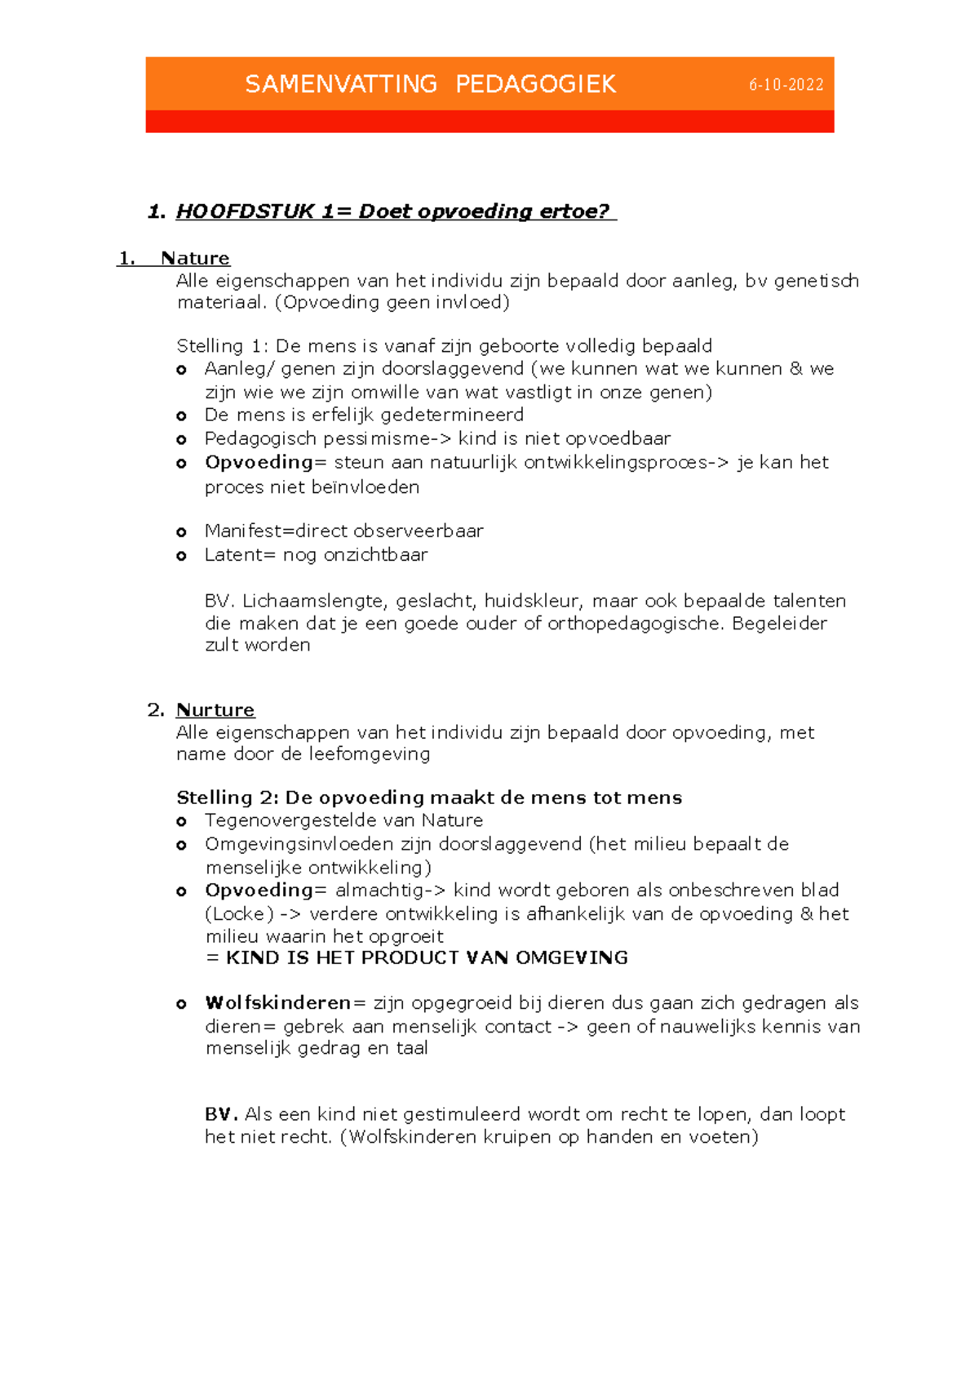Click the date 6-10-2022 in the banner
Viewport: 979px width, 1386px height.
point(786,85)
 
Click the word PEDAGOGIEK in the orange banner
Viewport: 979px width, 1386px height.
point(535,84)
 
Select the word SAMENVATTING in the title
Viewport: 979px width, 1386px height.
point(341,84)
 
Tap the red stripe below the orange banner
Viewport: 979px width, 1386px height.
point(489,122)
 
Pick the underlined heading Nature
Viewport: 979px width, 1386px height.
point(195,259)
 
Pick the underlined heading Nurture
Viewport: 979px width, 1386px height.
point(215,710)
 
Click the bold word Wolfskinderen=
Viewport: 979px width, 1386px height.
point(277,1002)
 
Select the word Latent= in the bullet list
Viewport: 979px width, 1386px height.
point(240,555)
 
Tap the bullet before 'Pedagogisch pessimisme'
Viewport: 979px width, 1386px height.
point(182,440)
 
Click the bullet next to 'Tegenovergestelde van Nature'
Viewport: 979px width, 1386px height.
point(182,822)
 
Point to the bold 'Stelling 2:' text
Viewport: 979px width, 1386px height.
point(228,797)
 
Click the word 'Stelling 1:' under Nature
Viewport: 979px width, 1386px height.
point(222,346)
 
